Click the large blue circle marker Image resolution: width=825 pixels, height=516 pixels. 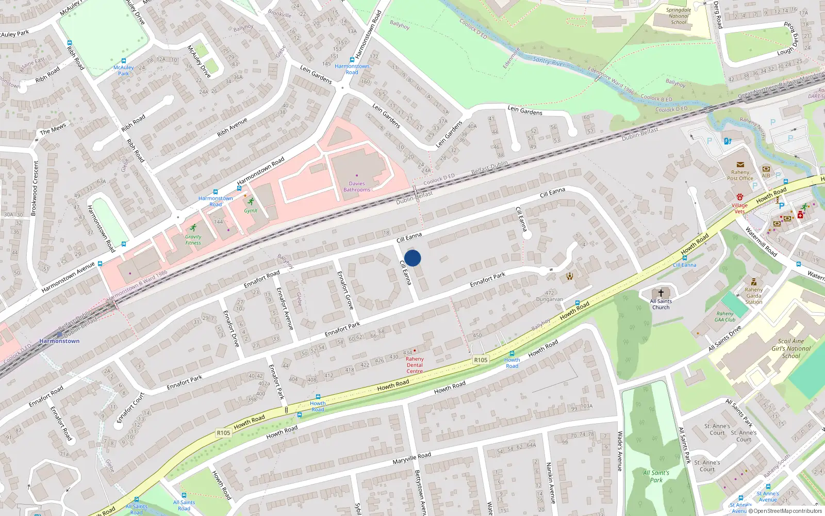coord(412,258)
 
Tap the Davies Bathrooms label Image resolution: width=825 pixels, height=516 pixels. coord(357,187)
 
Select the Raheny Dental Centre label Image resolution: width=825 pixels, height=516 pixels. coord(415,365)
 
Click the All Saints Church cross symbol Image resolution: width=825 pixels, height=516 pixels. coord(661,293)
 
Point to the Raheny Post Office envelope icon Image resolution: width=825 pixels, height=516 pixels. coord(740,165)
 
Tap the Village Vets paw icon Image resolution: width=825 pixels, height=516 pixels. coord(739,197)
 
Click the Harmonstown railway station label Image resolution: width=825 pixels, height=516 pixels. coord(59,341)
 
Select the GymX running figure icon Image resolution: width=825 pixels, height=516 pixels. coord(251,201)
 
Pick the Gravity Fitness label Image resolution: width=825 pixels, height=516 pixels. coord(193,240)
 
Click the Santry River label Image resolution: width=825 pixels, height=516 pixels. coord(549,62)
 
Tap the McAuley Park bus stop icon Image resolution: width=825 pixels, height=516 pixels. coord(124,60)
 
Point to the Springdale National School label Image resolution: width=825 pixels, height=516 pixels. coord(679,16)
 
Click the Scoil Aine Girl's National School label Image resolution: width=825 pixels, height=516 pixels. coord(791,348)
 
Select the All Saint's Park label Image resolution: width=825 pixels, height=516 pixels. coord(656,476)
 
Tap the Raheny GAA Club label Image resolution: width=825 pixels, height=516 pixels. coord(725,317)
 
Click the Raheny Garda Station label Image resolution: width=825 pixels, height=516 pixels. coord(754,296)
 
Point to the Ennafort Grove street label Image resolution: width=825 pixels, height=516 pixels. coord(345,290)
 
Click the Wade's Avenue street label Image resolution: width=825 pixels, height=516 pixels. coord(620,451)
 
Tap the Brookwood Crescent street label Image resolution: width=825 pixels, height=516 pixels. coord(35,188)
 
